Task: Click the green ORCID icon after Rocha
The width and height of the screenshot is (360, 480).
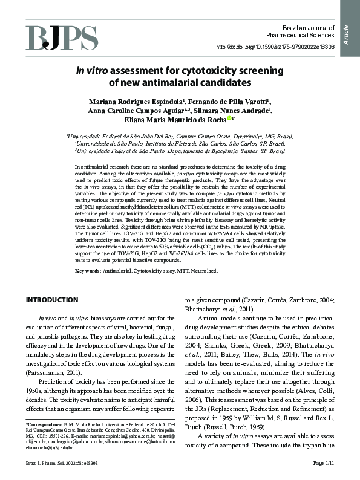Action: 228,119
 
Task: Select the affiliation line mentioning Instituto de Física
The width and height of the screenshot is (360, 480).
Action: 180,144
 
